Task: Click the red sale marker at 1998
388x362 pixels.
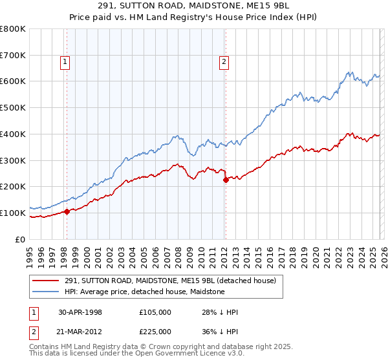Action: tap(67, 211)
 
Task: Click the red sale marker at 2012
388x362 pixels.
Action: tap(226, 180)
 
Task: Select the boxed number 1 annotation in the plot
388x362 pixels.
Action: tap(66, 62)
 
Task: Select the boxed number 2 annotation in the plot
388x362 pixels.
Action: tap(224, 62)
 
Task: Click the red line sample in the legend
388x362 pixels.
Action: tap(47, 281)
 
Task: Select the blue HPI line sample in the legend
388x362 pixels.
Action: tap(47, 292)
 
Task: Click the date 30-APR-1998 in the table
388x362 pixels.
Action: tap(80, 312)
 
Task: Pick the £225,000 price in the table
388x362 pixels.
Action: tap(155, 332)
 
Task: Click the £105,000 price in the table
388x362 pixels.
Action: tap(155, 312)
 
